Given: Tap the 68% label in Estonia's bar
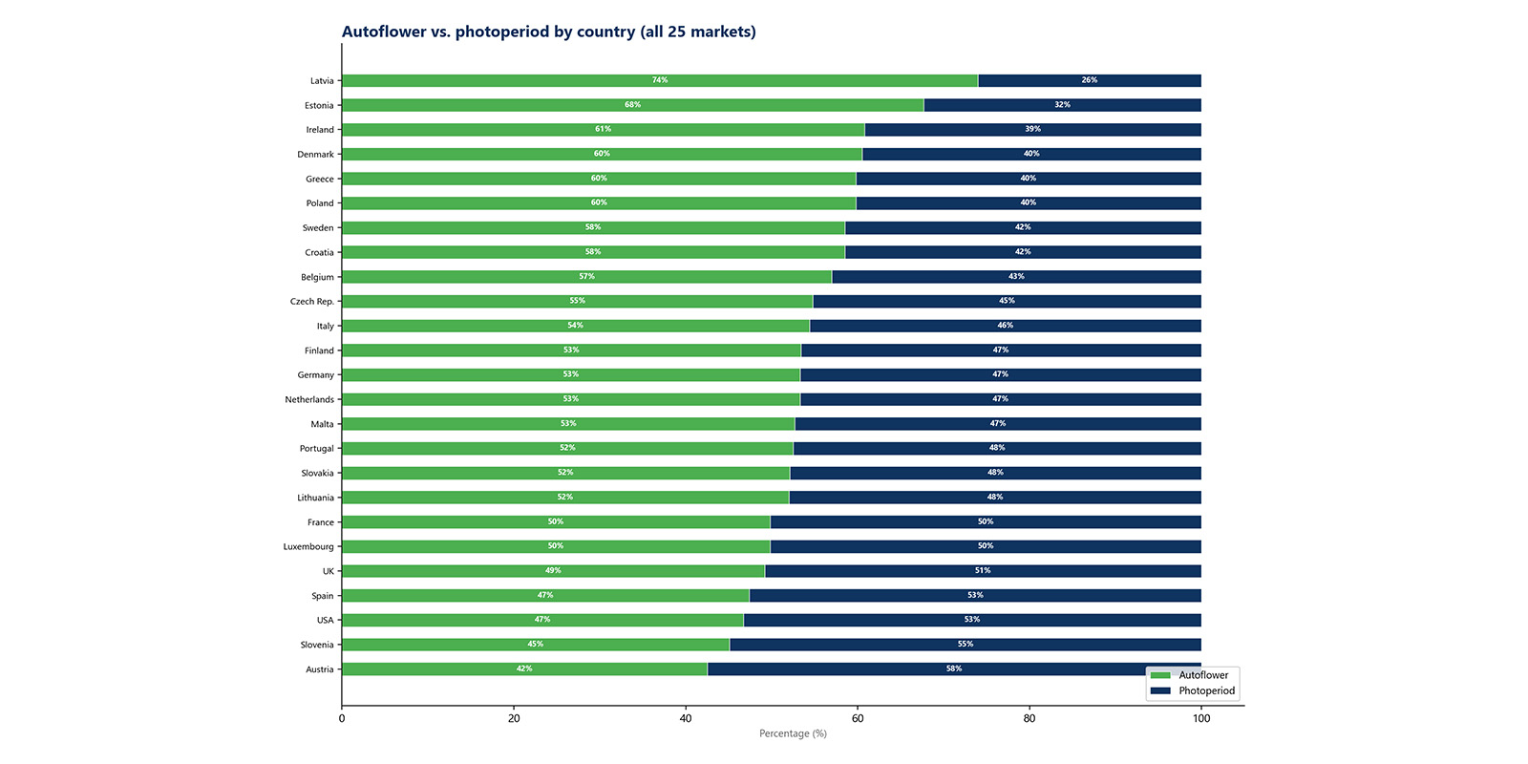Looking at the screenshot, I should coord(632,105).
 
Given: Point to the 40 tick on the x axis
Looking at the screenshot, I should coord(686,718).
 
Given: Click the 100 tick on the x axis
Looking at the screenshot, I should coord(1201,718).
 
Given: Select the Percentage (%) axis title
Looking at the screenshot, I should coord(793,733).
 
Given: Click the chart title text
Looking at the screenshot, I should coord(548,32).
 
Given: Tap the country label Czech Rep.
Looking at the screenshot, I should coord(312,302).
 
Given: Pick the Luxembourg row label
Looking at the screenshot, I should coord(308,547).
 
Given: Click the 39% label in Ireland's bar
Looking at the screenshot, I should coord(1032,129).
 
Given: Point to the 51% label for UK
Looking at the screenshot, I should coord(983,571).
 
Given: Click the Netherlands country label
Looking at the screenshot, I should coord(309,400).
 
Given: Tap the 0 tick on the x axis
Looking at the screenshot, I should coord(342,718).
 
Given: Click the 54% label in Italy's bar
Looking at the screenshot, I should coord(575,326).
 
